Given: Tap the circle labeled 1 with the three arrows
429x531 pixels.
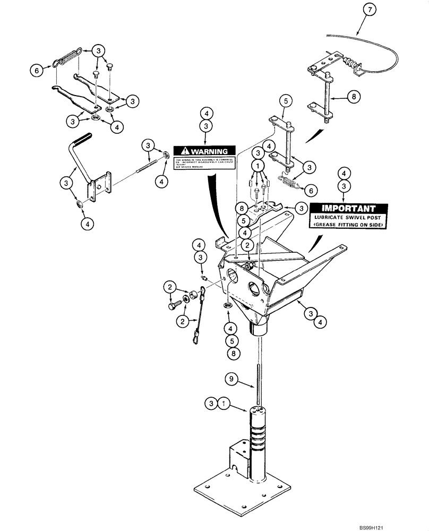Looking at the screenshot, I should (259, 166).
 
